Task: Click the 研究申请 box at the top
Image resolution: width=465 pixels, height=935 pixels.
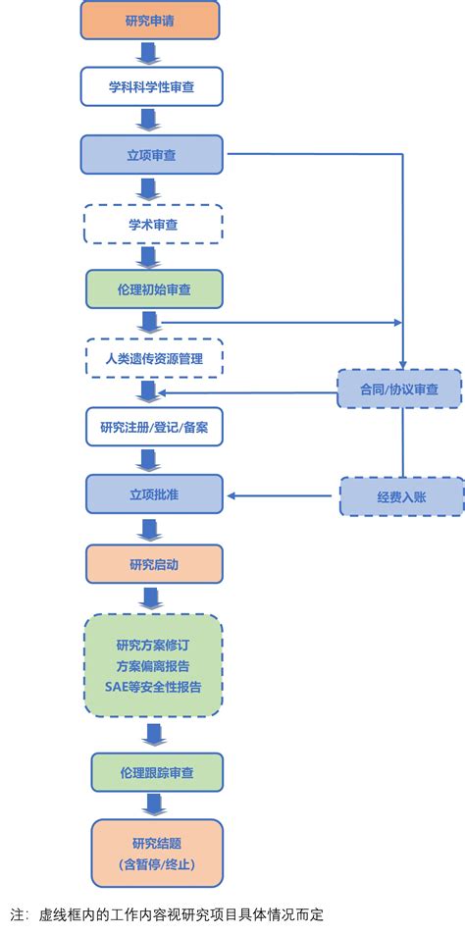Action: pyautogui.click(x=150, y=21)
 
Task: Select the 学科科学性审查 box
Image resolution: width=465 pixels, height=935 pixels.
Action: pyautogui.click(x=151, y=87)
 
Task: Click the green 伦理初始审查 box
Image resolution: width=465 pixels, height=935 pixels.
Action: pyautogui.click(x=153, y=289)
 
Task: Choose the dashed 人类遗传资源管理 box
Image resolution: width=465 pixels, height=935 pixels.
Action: pyautogui.click(x=153, y=358)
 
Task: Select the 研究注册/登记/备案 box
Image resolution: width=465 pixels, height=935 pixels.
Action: pyautogui.click(x=153, y=427)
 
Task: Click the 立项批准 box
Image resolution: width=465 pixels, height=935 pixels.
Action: pyautogui.click(x=153, y=494)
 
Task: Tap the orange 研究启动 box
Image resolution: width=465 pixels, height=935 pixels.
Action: pyautogui.click(x=153, y=563)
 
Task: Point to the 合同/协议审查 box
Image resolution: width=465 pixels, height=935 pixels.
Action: pyautogui.click(x=399, y=390)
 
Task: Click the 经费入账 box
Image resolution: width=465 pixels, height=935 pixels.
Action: pyautogui.click(x=401, y=497)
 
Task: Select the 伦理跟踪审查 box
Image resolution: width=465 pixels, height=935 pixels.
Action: pyautogui.click(x=157, y=773)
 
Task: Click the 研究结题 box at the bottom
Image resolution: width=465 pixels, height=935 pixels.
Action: pyautogui.click(x=157, y=854)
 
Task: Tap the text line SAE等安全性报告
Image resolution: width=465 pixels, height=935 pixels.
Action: pyautogui.click(x=153, y=687)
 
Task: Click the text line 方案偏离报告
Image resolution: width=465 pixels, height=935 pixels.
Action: pyautogui.click(x=153, y=666)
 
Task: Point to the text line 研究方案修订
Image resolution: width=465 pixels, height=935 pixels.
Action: pyautogui.click(x=153, y=645)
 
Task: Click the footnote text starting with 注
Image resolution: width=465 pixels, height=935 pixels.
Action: pyautogui.click(x=167, y=914)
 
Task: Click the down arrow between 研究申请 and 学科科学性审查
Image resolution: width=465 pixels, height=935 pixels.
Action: pyautogui.click(x=150, y=54)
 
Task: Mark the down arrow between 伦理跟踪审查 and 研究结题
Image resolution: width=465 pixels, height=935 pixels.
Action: pyautogui.click(x=153, y=805)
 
